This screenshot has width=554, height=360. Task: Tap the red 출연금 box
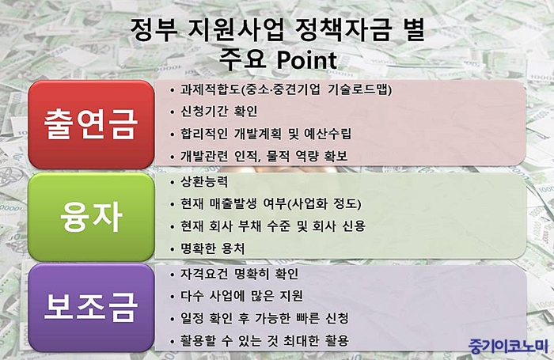(x=91, y=124)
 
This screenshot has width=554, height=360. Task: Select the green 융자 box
(x=91, y=217)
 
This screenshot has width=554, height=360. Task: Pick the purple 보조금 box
(x=91, y=307)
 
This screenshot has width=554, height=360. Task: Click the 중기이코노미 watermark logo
(x=508, y=346)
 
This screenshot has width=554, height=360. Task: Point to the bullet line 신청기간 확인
(x=218, y=112)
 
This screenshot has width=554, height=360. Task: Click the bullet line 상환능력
(x=204, y=182)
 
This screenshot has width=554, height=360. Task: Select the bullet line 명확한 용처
(x=212, y=248)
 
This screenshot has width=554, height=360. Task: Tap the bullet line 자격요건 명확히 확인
(x=240, y=274)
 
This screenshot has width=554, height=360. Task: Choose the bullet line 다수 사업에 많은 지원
(x=241, y=296)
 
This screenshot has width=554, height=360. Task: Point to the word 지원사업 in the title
(x=236, y=30)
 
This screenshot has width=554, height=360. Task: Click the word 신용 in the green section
(x=354, y=226)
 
